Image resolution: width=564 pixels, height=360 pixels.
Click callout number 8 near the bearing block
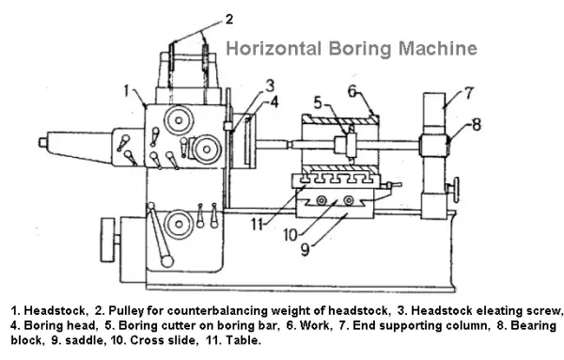coord(477,122)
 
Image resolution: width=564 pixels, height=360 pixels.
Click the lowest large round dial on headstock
coord(176,224)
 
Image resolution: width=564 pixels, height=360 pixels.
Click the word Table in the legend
coord(242,339)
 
